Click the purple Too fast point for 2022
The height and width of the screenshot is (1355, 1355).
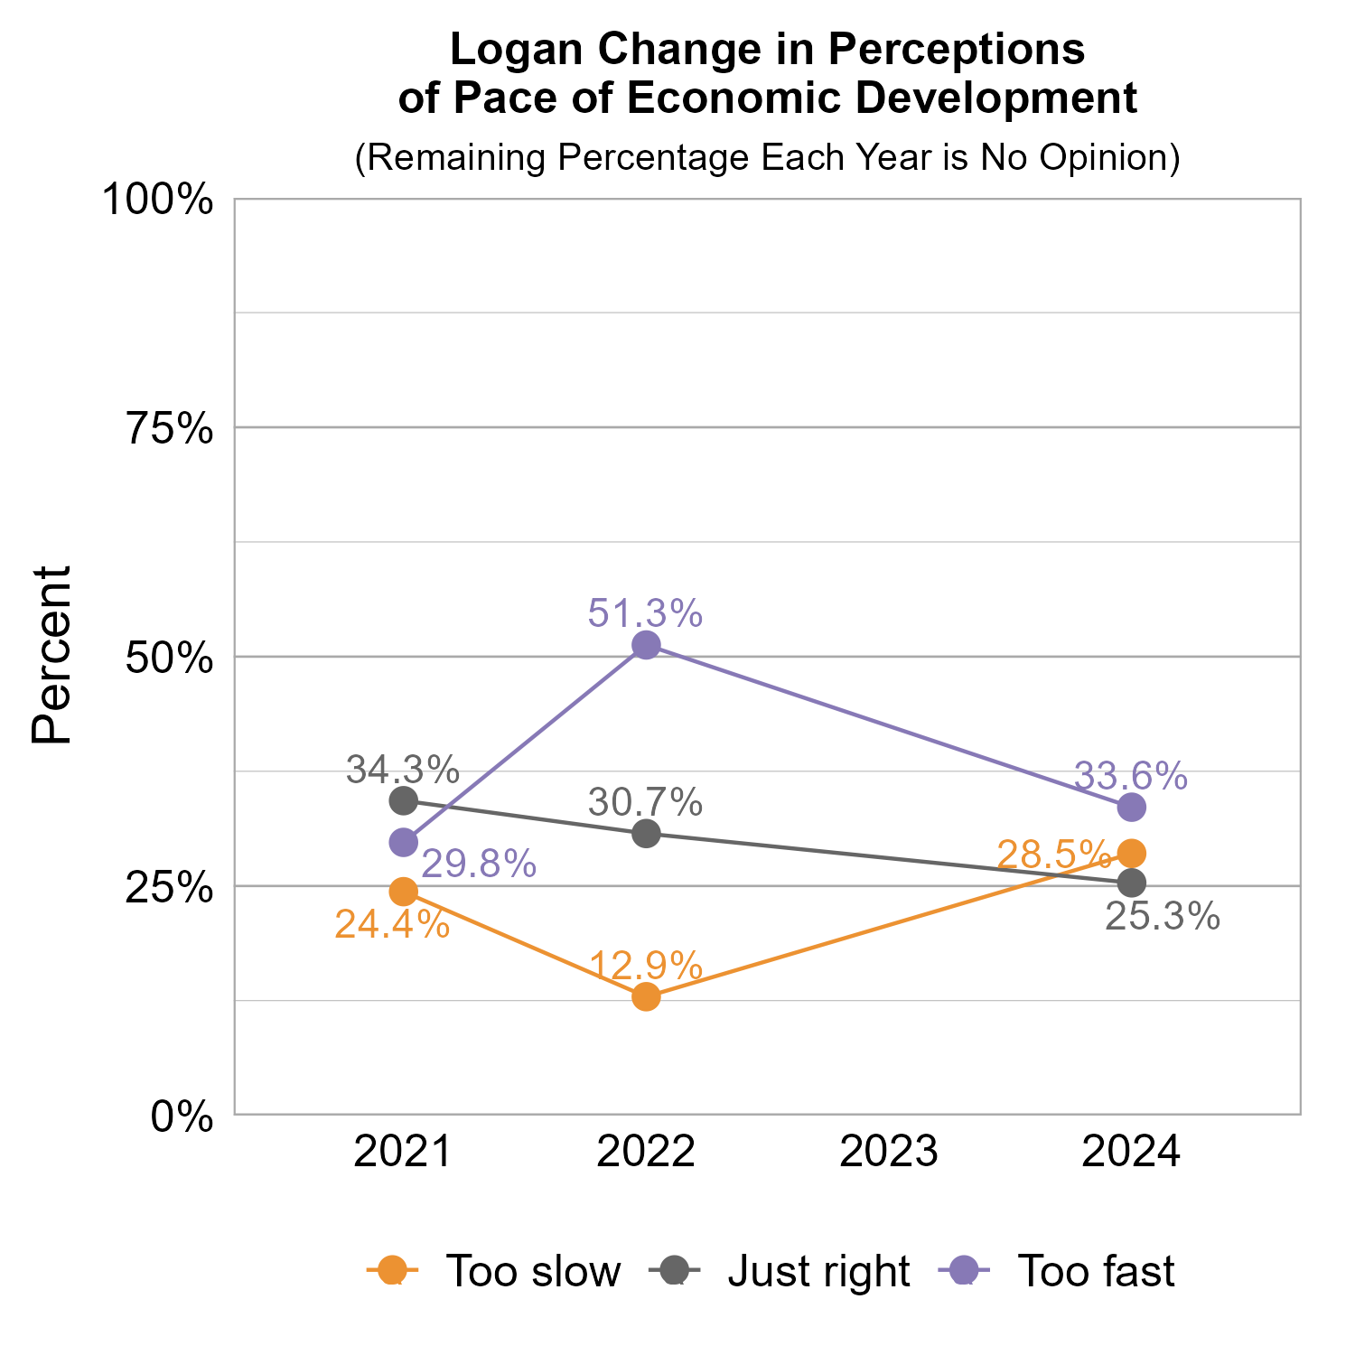pyautogui.click(x=646, y=645)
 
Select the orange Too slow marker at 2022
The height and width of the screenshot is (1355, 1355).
pyautogui.click(x=646, y=996)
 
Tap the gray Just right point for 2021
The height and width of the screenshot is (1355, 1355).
pyautogui.click(x=404, y=800)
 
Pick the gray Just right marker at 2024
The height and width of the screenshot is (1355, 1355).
pyautogui.click(x=1132, y=883)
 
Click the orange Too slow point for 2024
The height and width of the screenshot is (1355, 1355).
pyautogui.click(x=1132, y=853)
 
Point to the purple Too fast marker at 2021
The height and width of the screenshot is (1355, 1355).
pyautogui.click(x=404, y=842)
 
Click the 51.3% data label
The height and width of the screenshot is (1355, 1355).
pyautogui.click(x=645, y=614)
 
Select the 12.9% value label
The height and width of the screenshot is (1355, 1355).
pyautogui.click(x=645, y=967)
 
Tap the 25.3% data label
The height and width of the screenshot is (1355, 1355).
pyautogui.click(x=1163, y=917)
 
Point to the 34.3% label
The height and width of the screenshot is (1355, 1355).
pyautogui.click(x=403, y=771)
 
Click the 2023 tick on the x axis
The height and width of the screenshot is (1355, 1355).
pyautogui.click(x=889, y=1153)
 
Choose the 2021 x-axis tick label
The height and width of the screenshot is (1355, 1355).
pyautogui.click(x=403, y=1153)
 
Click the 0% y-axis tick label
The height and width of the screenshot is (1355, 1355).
pyautogui.click(x=182, y=1117)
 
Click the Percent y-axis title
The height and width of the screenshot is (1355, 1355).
pyautogui.click(x=51, y=656)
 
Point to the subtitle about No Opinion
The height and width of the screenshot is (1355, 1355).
pyautogui.click(x=767, y=157)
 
